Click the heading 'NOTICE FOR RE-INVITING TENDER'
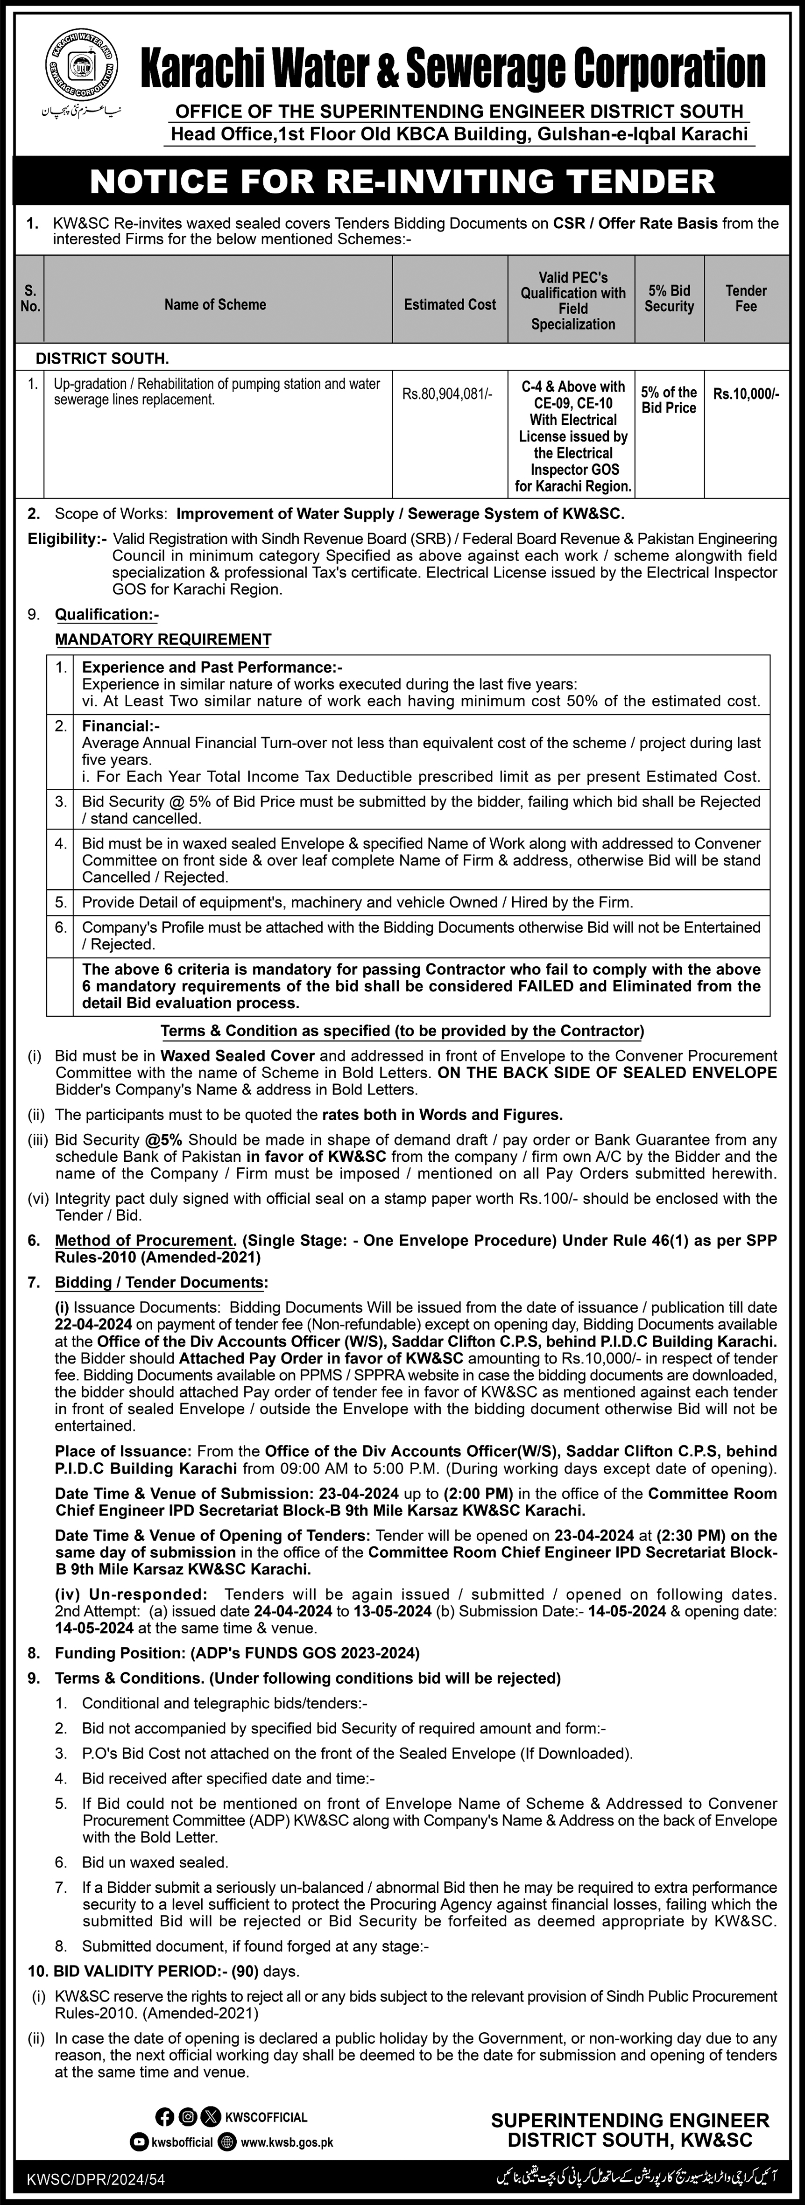[x=402, y=181]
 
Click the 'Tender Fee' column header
[x=746, y=298]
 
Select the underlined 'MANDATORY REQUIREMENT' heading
[x=162, y=639]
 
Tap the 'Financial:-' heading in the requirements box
[x=116, y=726]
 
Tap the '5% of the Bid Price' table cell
[x=669, y=400]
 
